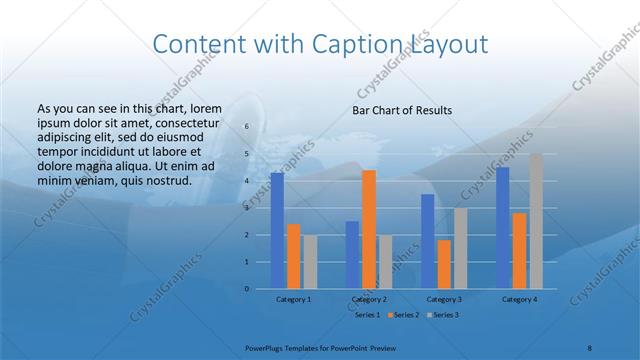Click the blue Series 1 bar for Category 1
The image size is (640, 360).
277,231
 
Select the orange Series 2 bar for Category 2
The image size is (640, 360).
369,230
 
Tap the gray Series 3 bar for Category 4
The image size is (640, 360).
536,221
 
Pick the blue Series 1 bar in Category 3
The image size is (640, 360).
428,241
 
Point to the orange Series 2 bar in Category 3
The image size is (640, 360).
444,264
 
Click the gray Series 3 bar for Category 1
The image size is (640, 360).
310,262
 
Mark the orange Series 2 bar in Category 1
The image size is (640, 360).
293,256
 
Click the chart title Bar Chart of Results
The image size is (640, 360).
402,110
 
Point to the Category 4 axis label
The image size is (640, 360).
519,299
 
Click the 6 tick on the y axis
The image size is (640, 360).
246,127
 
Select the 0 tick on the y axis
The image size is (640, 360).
246,289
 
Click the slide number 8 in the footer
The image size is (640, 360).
590,345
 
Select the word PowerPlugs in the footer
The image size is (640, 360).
266,345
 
